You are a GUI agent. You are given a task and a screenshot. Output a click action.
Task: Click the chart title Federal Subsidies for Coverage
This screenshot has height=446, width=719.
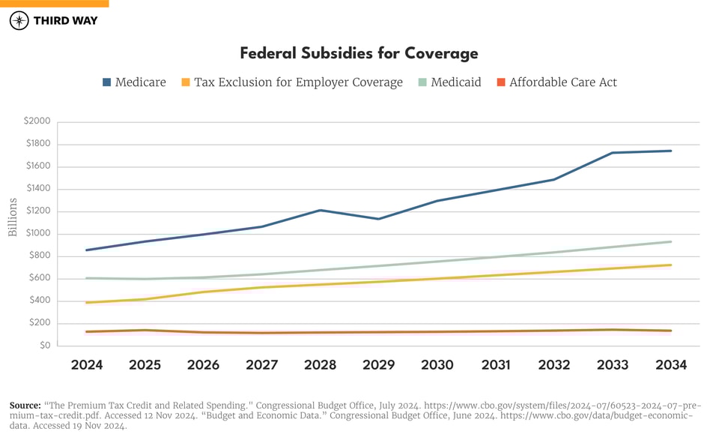coord(359,54)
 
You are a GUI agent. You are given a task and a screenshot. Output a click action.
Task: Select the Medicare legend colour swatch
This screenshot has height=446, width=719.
coord(106,82)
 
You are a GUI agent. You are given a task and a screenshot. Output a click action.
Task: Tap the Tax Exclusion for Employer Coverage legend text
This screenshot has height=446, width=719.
coord(298,82)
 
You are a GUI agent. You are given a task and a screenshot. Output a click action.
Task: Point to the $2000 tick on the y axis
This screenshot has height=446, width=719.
coord(37,121)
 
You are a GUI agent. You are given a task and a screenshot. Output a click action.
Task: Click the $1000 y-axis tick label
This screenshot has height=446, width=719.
coord(37,234)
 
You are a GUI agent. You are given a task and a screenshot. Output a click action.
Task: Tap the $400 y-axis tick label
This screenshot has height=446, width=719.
coord(39,301)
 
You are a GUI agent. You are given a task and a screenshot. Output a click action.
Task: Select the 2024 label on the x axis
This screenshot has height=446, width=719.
coord(87,365)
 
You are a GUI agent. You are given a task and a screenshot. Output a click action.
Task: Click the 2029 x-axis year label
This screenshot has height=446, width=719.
coord(379,365)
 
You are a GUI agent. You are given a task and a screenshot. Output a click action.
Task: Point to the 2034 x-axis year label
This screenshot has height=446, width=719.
coord(671,365)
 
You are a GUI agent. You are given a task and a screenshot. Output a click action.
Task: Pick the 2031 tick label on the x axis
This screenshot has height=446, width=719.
coord(496,365)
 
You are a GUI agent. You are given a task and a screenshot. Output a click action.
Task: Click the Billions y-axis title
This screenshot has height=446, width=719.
coord(13,217)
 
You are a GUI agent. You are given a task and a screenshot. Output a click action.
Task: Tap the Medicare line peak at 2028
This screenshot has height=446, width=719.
coord(321,210)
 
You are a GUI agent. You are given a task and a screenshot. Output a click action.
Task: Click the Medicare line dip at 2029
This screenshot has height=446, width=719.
coord(379,219)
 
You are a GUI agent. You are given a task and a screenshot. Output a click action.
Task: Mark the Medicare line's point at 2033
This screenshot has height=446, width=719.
coord(613,153)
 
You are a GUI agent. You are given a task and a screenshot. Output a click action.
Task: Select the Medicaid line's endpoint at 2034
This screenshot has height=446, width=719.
coord(671,241)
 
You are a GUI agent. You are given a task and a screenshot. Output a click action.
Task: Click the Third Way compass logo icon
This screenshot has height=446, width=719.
coord(19,21)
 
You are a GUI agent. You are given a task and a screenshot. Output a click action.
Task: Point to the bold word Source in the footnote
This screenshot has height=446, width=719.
coord(25,406)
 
